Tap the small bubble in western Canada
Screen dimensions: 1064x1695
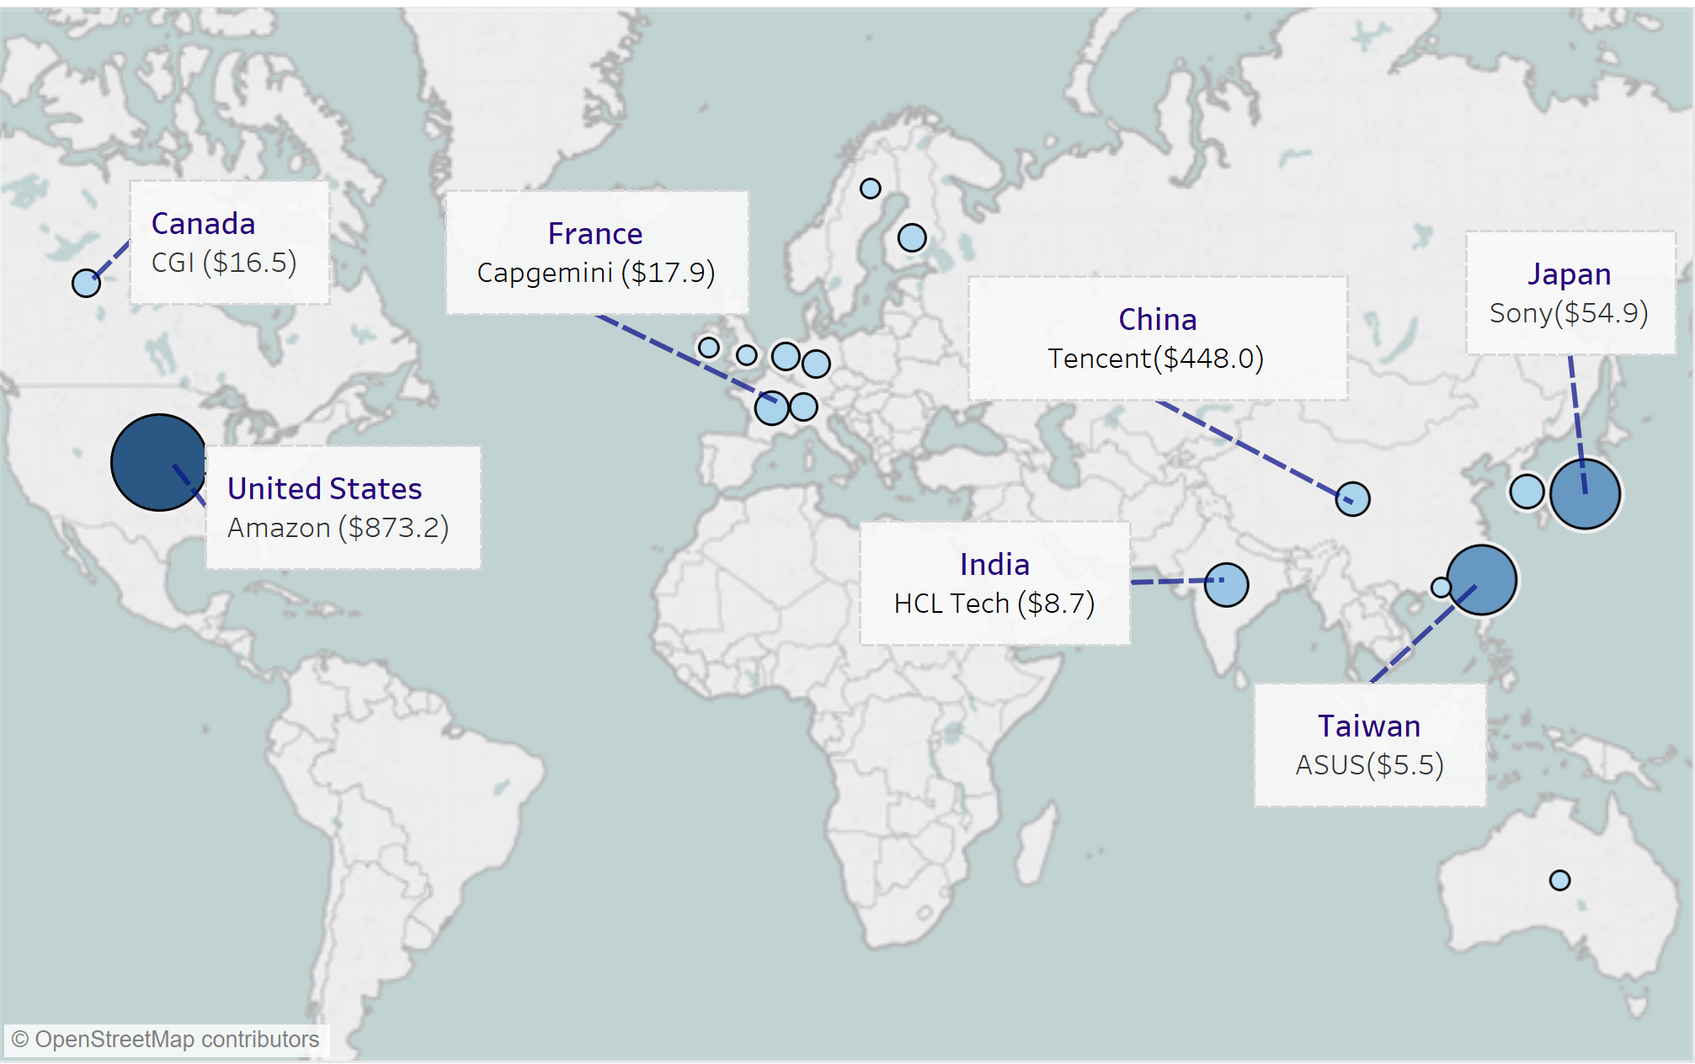[86, 283]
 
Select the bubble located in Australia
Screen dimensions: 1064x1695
[1559, 880]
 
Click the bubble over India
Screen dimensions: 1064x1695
[1226, 585]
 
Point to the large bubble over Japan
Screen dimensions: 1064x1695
[1585, 494]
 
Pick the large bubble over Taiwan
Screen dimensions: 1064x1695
[1482, 579]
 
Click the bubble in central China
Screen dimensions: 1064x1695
[1352, 499]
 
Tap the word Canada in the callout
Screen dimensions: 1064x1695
[203, 224]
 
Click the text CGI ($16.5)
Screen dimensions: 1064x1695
[224, 263]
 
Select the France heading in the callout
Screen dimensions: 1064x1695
[595, 234]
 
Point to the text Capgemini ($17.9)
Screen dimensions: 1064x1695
[595, 273]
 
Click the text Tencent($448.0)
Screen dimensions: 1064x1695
[1156, 359]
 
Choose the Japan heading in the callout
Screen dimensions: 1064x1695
[1569, 274]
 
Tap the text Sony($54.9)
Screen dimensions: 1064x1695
[1569, 313]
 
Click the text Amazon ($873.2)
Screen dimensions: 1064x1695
[338, 528]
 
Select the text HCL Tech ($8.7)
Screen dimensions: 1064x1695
[994, 604]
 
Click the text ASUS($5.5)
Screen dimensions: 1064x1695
[1369, 765]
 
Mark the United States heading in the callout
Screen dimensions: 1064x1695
[324, 489]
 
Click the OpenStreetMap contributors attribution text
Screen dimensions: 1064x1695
[166, 1040]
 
